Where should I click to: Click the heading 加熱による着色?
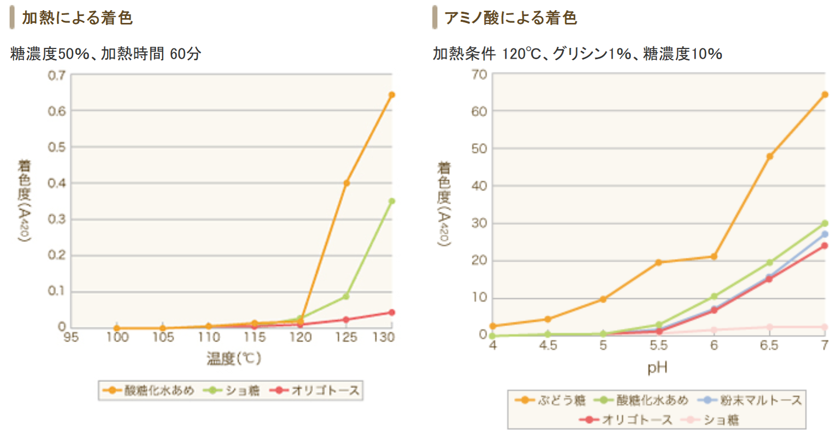tap(77, 18)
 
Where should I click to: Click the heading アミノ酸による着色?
tap(510, 18)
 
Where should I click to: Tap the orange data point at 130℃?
tap(392, 95)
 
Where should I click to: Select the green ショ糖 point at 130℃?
tap(392, 201)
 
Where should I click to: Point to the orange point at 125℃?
tap(347, 183)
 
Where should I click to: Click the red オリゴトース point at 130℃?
tap(392, 312)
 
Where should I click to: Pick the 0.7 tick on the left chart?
tap(57, 75)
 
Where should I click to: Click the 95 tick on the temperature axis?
tap(71, 337)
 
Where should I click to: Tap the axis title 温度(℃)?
tap(234, 358)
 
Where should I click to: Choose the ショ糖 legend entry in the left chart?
tap(232, 391)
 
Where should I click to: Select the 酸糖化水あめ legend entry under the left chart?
tap(149, 391)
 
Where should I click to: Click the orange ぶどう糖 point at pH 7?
tap(825, 94)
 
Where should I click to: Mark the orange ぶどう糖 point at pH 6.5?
tap(769, 156)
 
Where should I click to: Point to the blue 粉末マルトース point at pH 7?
tap(825, 234)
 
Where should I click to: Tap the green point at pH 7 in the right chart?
tap(825, 223)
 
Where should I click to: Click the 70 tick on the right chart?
tap(479, 75)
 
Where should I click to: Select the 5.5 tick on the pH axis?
tap(658, 346)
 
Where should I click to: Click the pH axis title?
tap(657, 368)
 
